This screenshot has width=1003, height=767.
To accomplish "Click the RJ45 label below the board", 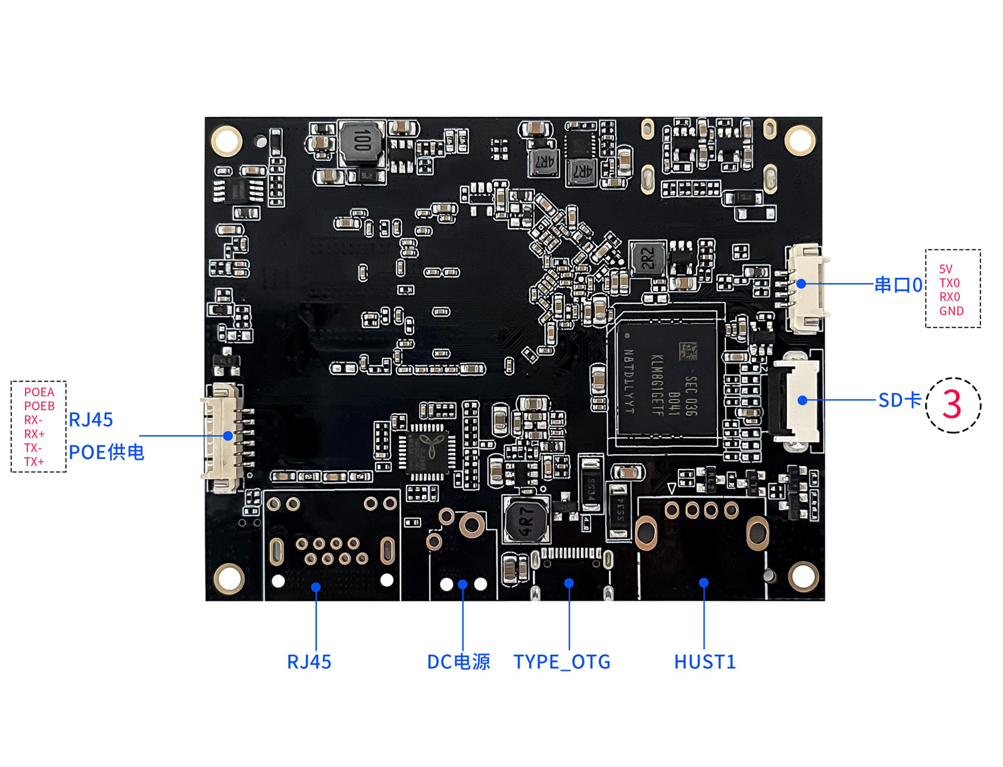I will tap(309, 661).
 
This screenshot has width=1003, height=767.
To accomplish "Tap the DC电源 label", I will tap(459, 661).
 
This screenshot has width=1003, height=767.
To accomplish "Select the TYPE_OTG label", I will tap(562, 661).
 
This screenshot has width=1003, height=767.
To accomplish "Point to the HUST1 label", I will tap(705, 661).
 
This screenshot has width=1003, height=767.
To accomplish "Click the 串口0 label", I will tap(898, 285).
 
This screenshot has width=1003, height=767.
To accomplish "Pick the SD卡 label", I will tap(899, 400).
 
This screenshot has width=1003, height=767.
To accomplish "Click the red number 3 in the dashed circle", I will tap(952, 405).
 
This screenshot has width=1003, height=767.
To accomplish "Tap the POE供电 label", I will tap(106, 452).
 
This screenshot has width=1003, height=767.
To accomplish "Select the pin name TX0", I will tap(950, 283).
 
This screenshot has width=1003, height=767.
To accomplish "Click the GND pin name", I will tap(951, 311).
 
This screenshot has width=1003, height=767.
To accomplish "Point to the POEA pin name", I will tap(39, 392).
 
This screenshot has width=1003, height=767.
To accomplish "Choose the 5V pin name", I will tap(945, 269).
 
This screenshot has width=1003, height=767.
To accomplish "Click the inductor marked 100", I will tap(362, 142).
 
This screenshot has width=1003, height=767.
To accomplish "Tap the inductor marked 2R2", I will tap(647, 258).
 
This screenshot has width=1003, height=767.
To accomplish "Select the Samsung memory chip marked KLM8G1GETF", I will tap(665, 378).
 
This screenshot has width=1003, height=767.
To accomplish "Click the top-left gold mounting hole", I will tap(226, 140).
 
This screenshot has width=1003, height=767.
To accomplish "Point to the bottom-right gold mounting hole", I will tap(802, 576).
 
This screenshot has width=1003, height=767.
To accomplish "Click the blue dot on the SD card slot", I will tap(802, 400).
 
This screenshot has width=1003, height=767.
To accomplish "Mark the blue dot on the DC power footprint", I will tap(463, 585).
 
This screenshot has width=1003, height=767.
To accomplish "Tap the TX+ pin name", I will tap(34, 462).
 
